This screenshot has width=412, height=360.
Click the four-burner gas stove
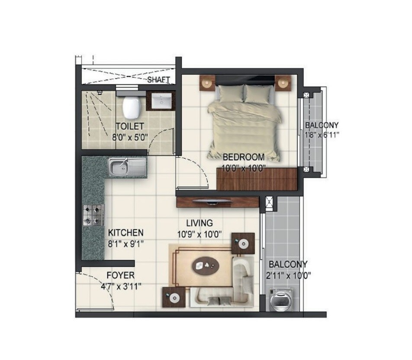(93, 215)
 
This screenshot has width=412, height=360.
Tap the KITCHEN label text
(126, 233)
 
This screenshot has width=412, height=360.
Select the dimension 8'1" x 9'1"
(126, 243)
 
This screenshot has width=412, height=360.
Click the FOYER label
(120, 275)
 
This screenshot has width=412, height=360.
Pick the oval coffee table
(206, 264)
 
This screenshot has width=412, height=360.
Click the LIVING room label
(200, 223)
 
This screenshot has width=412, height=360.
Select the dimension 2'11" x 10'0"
(288, 275)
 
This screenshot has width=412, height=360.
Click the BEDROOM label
(243, 157)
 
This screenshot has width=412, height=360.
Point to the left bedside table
(207, 82)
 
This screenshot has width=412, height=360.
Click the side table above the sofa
(243, 243)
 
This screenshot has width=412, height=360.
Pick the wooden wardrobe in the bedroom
(256, 179)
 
